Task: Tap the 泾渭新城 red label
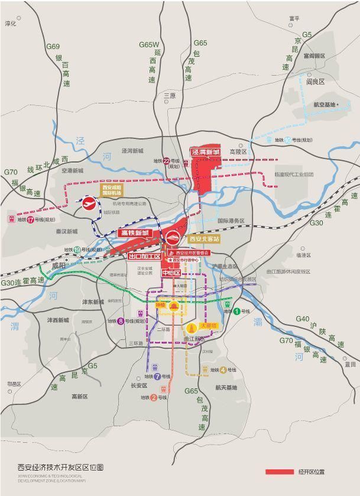click(205, 152)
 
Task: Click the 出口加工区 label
click(145, 257)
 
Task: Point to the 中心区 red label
click(171, 273)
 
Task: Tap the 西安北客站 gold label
click(204, 239)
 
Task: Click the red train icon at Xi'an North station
click(172, 239)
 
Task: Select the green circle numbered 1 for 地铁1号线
click(236, 312)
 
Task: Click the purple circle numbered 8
click(120, 321)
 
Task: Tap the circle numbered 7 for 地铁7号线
click(157, 376)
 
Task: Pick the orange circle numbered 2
click(153, 398)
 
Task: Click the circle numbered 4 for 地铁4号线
click(223, 370)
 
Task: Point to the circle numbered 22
click(167, 161)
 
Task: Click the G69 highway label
click(53, 47)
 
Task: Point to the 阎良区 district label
click(316, 82)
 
